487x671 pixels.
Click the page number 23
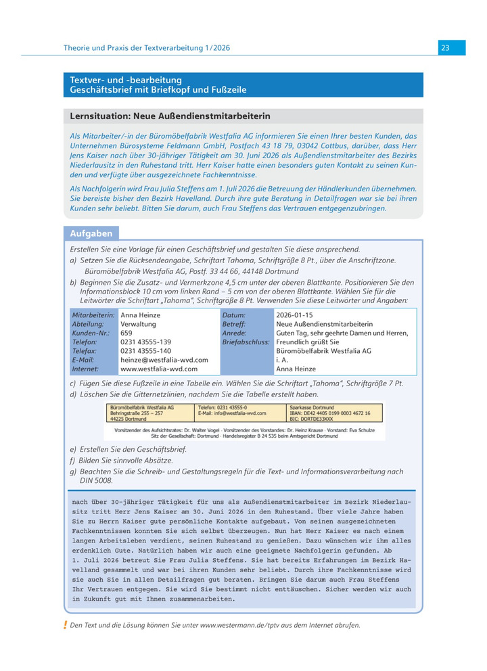click(x=445, y=48)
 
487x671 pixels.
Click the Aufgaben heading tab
click(x=91, y=233)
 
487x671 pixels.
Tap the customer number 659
click(x=126, y=333)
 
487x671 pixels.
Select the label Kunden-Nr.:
click(x=92, y=333)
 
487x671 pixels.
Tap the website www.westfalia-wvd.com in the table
click(x=159, y=369)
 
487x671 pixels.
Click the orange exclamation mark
click(x=65, y=625)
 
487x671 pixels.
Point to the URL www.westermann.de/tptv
click(x=239, y=626)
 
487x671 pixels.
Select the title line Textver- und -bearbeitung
click(x=126, y=80)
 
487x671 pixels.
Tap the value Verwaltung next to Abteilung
click(x=138, y=325)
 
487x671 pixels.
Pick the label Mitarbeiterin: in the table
click(x=93, y=315)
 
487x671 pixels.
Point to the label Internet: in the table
click(x=86, y=369)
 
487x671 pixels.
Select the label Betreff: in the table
click(x=234, y=325)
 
